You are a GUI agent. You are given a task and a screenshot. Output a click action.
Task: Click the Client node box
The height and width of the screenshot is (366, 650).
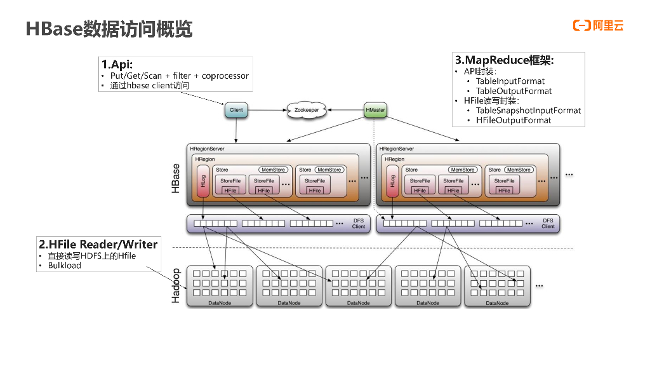click(236, 110)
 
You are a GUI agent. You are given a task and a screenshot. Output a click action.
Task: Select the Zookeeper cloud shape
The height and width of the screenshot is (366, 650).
click(306, 110)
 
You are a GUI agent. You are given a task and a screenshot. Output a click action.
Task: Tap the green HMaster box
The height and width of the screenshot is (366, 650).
click(375, 110)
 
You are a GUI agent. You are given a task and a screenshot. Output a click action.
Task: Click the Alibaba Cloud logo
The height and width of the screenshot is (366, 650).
click(598, 25)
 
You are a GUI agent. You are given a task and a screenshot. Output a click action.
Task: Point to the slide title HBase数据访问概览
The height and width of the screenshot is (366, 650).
click(109, 29)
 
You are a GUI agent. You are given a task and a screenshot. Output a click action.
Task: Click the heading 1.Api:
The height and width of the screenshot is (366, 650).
click(117, 64)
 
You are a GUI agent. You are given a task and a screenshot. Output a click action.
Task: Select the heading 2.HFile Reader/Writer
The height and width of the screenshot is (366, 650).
click(98, 244)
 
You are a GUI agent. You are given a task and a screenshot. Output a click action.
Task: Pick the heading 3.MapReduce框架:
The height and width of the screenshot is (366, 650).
click(504, 60)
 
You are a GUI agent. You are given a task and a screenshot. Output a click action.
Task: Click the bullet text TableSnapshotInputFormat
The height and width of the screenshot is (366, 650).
click(528, 111)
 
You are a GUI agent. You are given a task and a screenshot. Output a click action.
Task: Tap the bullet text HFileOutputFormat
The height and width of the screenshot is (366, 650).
click(514, 120)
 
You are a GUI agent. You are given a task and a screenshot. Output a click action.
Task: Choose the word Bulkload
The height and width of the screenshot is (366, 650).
click(65, 266)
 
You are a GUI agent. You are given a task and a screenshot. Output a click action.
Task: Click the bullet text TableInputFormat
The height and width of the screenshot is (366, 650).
click(510, 81)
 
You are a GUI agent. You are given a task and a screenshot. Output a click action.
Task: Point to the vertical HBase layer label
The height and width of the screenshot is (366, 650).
click(176, 179)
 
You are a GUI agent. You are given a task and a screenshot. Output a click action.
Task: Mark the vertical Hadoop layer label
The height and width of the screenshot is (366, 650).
click(176, 285)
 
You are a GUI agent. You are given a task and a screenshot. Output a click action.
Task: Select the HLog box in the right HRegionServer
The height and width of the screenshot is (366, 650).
click(393, 180)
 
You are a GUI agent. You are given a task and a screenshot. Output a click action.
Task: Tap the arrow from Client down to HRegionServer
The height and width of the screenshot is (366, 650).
click(236, 130)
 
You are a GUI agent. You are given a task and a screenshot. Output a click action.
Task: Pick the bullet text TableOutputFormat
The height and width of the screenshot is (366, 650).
click(514, 91)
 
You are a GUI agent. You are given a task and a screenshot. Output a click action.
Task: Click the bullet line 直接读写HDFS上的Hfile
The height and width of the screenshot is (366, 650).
click(91, 256)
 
